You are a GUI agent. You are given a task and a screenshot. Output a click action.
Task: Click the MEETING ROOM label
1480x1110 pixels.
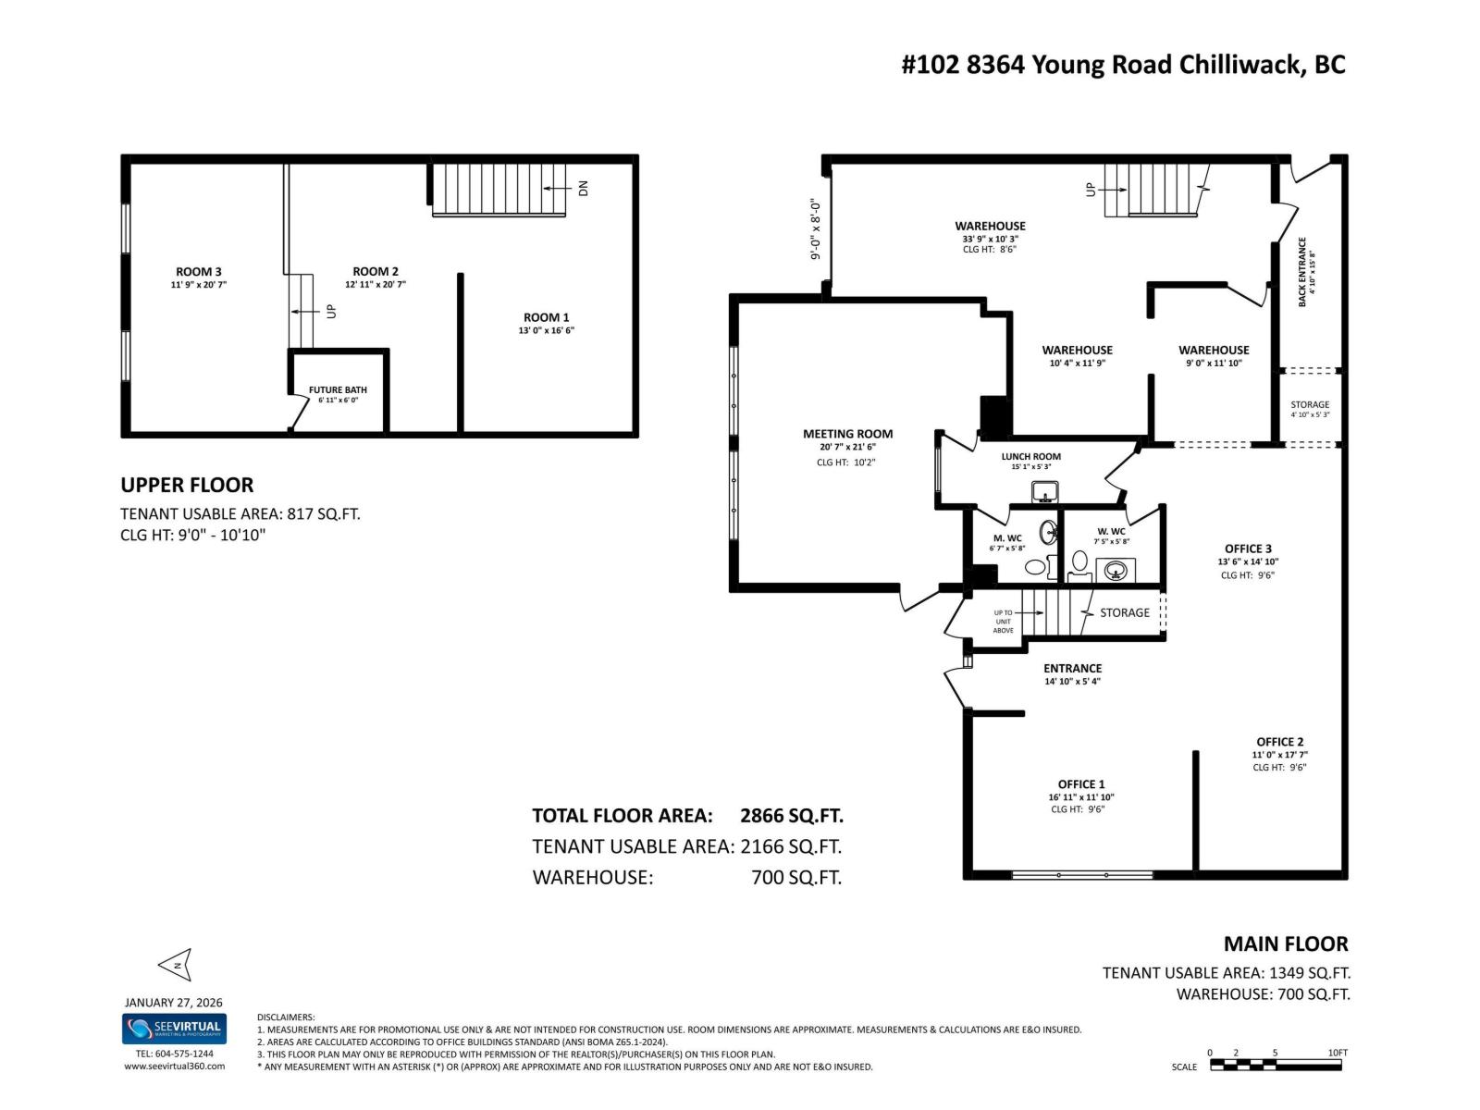847,434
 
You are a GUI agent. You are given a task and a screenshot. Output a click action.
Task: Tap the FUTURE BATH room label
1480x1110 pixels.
338,390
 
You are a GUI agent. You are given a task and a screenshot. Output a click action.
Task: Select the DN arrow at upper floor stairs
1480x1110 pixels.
557,188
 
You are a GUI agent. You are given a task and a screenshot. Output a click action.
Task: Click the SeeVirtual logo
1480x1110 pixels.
174,1029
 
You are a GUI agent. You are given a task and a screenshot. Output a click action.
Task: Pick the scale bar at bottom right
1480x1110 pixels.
1276,1065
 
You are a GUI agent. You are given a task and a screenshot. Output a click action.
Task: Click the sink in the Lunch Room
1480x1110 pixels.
1045,491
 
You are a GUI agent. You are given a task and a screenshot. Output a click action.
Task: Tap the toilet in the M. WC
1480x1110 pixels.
1036,566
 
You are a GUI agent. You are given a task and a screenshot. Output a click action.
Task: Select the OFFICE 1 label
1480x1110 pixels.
1081,784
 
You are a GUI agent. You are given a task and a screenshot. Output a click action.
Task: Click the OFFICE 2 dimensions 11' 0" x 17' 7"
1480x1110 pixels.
1280,755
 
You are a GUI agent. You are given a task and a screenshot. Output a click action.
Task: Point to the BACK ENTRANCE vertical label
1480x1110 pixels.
1302,271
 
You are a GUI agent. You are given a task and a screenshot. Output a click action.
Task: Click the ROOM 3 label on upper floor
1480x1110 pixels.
199,272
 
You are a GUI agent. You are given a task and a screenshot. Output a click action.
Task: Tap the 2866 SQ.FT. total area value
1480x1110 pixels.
792,816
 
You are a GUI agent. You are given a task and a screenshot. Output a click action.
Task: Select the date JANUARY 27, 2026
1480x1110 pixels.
174,1003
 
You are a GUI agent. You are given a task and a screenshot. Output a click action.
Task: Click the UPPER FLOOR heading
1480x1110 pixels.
187,485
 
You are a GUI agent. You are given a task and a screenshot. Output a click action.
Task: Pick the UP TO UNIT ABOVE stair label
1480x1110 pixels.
1004,622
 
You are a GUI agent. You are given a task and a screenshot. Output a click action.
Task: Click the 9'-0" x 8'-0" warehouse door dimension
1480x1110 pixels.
815,228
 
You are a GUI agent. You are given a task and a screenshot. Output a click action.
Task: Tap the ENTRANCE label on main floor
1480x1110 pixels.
1072,669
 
